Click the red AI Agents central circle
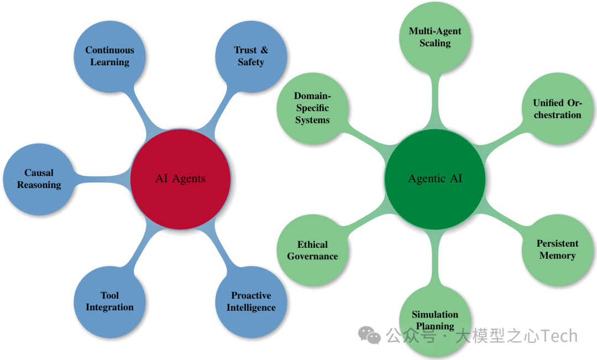click(x=180, y=179)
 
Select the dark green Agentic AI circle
click(x=435, y=179)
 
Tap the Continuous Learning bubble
click(x=109, y=56)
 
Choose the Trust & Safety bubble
click(x=251, y=56)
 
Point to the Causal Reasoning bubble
click(x=39, y=179)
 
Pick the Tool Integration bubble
click(x=109, y=301)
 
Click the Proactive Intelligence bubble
click(x=251, y=301)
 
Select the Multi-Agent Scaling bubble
click(x=435, y=37)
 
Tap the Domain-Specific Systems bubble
click(x=312, y=108)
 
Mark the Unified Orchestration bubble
click(x=557, y=109)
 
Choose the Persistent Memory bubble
click(x=557, y=249)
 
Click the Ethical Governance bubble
click(x=312, y=250)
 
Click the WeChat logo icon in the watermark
click(x=369, y=335)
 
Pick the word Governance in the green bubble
click(x=312, y=256)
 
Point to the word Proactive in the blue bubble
click(x=251, y=295)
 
